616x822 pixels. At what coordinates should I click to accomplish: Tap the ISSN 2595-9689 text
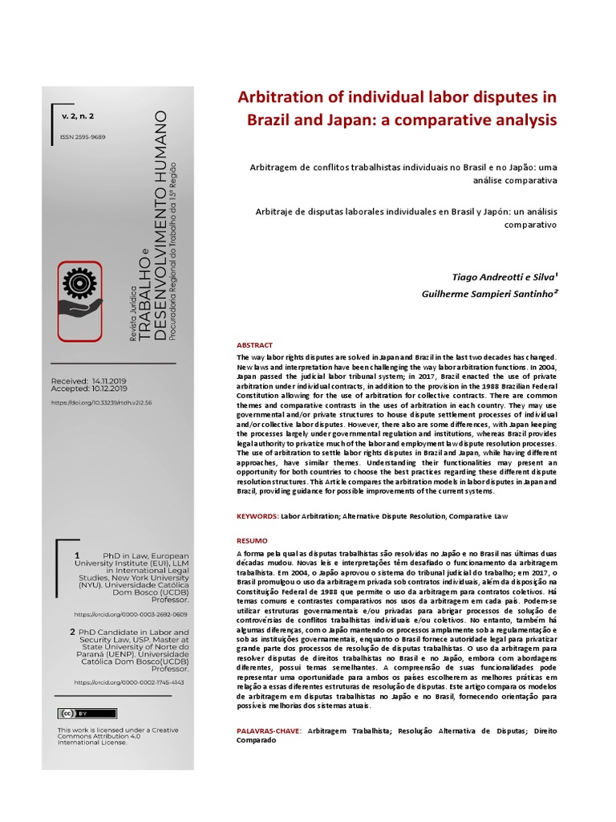(x=83, y=137)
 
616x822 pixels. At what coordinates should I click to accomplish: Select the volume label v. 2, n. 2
(x=78, y=116)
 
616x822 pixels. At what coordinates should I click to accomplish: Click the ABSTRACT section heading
(x=255, y=345)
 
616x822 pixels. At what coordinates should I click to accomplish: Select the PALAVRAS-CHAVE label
(x=269, y=731)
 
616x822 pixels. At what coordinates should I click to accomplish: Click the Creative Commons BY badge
(x=75, y=714)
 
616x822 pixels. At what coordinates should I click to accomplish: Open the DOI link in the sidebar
(x=101, y=402)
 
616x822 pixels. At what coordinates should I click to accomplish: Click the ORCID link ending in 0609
(x=130, y=614)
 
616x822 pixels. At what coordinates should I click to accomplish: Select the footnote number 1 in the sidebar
(x=77, y=555)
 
